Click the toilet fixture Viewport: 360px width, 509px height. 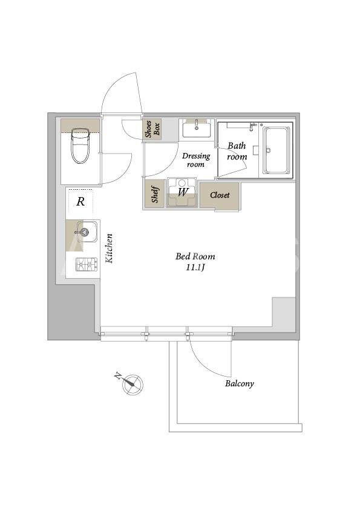click(x=80, y=146)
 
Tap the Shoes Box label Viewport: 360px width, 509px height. click(x=152, y=129)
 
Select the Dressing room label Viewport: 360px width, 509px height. click(x=196, y=160)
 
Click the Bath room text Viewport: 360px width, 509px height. click(x=237, y=151)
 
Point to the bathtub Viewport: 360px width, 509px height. click(x=276, y=151)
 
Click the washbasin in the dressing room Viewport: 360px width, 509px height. click(x=196, y=129)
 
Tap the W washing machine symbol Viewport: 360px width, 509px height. click(x=182, y=192)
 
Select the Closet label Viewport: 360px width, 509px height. click(x=220, y=195)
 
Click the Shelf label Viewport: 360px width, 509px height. click(x=155, y=195)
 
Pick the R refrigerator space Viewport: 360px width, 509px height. click(x=80, y=201)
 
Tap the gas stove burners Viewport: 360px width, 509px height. click(x=87, y=264)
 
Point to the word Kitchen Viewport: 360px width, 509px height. click(x=109, y=248)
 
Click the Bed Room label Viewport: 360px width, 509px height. click(x=195, y=256)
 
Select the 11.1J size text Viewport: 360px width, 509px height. click(x=195, y=268)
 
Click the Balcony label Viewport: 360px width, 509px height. click(x=240, y=383)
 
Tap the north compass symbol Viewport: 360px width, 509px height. click(x=133, y=384)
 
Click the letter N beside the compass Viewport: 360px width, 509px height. click(x=118, y=377)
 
